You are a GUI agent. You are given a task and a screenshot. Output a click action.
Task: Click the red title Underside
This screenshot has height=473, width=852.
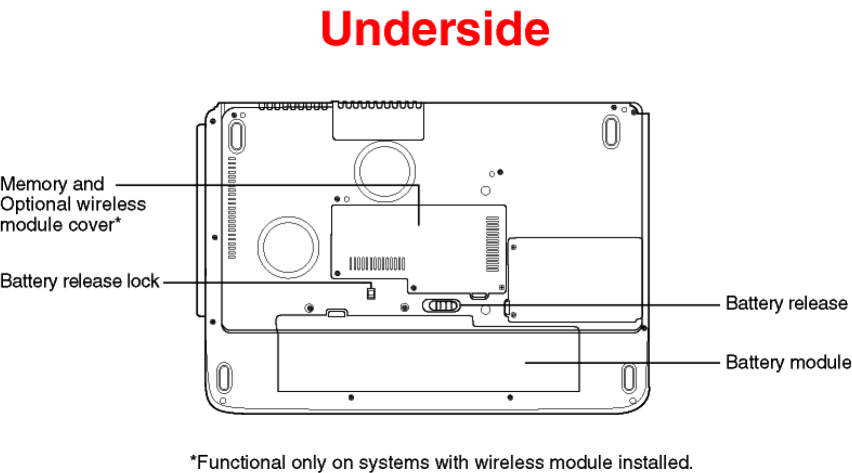click(435, 29)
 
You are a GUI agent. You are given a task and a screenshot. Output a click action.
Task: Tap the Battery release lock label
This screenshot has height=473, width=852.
click(80, 281)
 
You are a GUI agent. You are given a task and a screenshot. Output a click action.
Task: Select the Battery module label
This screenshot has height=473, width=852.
click(788, 362)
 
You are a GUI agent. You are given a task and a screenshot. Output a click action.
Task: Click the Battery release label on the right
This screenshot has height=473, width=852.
click(786, 303)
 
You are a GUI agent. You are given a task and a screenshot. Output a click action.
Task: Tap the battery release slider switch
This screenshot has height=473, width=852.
click(441, 306)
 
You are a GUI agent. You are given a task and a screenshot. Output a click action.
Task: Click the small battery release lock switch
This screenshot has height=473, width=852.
click(371, 293)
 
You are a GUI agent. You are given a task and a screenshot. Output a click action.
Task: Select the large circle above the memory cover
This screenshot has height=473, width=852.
click(385, 170)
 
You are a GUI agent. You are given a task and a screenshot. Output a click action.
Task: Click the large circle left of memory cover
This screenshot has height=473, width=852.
click(288, 247)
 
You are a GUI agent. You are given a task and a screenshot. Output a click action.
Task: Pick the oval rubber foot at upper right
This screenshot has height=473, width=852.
click(611, 132)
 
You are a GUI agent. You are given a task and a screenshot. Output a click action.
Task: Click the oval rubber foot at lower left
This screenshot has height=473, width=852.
click(224, 377)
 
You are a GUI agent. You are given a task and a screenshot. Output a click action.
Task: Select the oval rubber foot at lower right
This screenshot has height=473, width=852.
click(628, 378)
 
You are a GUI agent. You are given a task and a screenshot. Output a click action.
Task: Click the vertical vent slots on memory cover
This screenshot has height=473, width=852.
click(492, 244)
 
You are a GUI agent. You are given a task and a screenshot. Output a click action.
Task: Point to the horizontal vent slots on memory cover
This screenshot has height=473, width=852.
click(377, 264)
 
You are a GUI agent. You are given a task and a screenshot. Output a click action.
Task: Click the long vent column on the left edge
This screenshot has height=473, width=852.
click(232, 207)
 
